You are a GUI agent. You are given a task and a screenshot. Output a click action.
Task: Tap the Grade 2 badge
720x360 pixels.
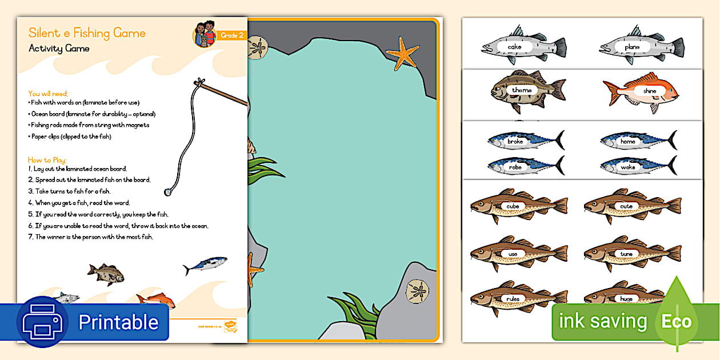(233, 36)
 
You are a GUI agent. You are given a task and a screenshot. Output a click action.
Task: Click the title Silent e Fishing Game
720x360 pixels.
(87, 33)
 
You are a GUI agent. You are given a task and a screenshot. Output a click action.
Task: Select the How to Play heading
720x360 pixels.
(47, 160)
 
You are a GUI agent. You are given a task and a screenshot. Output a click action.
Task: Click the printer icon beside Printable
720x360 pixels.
(42, 322)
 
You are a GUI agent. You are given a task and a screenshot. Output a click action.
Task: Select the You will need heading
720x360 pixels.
(48, 94)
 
